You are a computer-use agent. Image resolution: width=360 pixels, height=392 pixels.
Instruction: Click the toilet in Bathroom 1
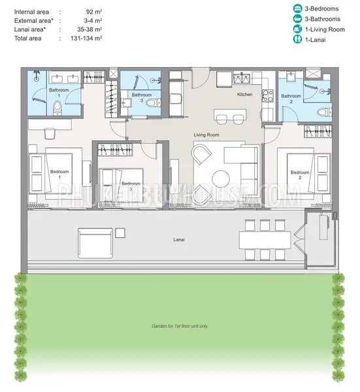click(x=57, y=108)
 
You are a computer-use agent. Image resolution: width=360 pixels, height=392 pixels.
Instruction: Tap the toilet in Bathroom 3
click(x=153, y=103)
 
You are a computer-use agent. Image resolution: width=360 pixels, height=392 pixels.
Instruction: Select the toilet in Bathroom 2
click(x=325, y=112)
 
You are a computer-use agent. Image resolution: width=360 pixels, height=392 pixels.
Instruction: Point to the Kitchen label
click(x=245, y=94)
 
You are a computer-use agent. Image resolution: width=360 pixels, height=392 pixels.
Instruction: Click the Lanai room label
click(x=179, y=240)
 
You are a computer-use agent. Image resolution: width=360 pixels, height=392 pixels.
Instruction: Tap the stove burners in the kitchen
click(x=268, y=96)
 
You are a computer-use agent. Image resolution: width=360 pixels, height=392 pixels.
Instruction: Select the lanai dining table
click(x=265, y=240)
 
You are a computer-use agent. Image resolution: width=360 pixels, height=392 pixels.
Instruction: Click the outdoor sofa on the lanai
click(x=95, y=243)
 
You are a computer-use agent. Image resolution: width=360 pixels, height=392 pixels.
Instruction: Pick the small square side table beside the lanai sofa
click(x=120, y=233)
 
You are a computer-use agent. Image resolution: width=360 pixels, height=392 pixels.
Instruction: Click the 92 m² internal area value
click(x=94, y=12)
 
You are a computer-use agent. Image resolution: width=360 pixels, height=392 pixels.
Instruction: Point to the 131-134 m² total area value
click(x=86, y=39)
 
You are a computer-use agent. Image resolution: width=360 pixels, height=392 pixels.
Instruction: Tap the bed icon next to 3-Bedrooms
click(x=297, y=8)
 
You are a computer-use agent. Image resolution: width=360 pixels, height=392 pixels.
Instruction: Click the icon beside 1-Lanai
click(x=297, y=39)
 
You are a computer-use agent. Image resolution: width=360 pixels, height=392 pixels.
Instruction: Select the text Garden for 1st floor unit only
click(x=180, y=326)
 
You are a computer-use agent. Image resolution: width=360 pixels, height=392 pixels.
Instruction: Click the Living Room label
click(x=206, y=135)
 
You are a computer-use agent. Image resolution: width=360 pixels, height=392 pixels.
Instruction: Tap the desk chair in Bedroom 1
click(x=50, y=133)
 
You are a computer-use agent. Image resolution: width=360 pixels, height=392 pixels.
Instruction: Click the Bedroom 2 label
click(x=300, y=175)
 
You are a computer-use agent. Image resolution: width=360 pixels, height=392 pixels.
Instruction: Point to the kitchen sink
click(x=242, y=78)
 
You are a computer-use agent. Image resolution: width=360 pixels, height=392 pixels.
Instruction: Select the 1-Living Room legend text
click(x=325, y=29)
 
